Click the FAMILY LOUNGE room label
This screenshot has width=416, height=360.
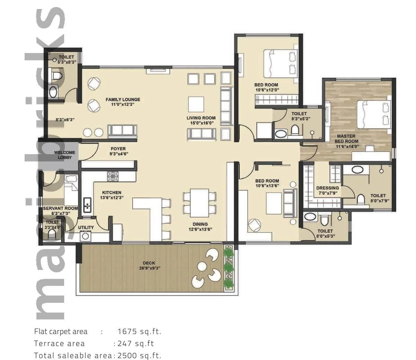[123, 99]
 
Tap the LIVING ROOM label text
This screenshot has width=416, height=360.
[201, 118]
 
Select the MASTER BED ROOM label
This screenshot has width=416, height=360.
[347, 139]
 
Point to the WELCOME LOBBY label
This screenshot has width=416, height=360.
[64, 155]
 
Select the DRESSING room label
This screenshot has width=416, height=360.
[327, 188]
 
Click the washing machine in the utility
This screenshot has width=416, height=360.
[85, 236]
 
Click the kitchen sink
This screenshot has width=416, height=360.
[87, 204]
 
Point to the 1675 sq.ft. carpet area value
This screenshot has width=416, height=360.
[139, 331]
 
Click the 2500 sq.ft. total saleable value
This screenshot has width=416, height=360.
[139, 355]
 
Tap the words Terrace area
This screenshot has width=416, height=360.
[59, 343]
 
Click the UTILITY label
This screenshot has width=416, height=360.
[86, 228]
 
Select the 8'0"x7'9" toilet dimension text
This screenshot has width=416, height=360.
[378, 200]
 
